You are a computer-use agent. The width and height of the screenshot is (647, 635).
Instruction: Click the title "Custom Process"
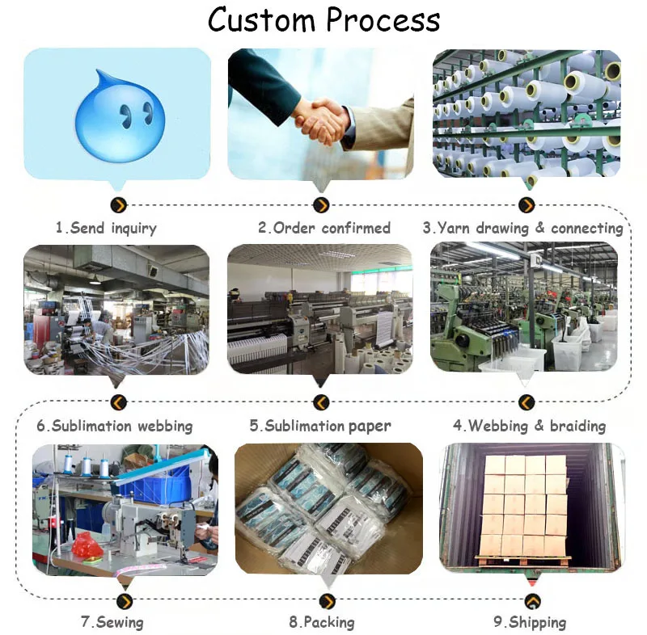[324, 19]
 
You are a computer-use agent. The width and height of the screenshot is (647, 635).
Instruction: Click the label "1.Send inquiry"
[106, 228]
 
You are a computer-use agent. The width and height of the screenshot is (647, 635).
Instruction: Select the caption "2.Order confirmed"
[324, 228]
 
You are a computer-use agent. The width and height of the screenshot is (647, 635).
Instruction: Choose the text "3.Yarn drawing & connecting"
[522, 228]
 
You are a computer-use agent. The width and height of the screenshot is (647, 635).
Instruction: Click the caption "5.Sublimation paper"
[320, 425]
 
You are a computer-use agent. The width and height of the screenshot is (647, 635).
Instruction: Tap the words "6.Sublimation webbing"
[115, 425]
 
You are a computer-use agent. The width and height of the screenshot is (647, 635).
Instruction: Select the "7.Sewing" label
[112, 622]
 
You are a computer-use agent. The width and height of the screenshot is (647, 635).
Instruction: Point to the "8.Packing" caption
[322, 622]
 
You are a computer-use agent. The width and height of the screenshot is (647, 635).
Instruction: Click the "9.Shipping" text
[530, 622]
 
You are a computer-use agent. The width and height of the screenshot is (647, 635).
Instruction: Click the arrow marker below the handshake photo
[321, 205]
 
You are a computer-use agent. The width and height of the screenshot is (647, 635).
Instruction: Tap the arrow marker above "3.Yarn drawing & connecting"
[526, 205]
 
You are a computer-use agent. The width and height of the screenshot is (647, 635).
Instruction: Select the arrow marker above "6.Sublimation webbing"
[119, 402]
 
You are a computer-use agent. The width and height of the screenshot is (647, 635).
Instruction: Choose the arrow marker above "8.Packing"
[327, 600]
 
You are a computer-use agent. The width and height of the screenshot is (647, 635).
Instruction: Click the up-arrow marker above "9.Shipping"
[533, 600]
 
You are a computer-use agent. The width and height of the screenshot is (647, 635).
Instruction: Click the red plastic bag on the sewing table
[87, 545]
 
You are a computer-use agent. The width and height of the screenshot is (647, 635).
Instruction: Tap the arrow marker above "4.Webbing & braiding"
[526, 402]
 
